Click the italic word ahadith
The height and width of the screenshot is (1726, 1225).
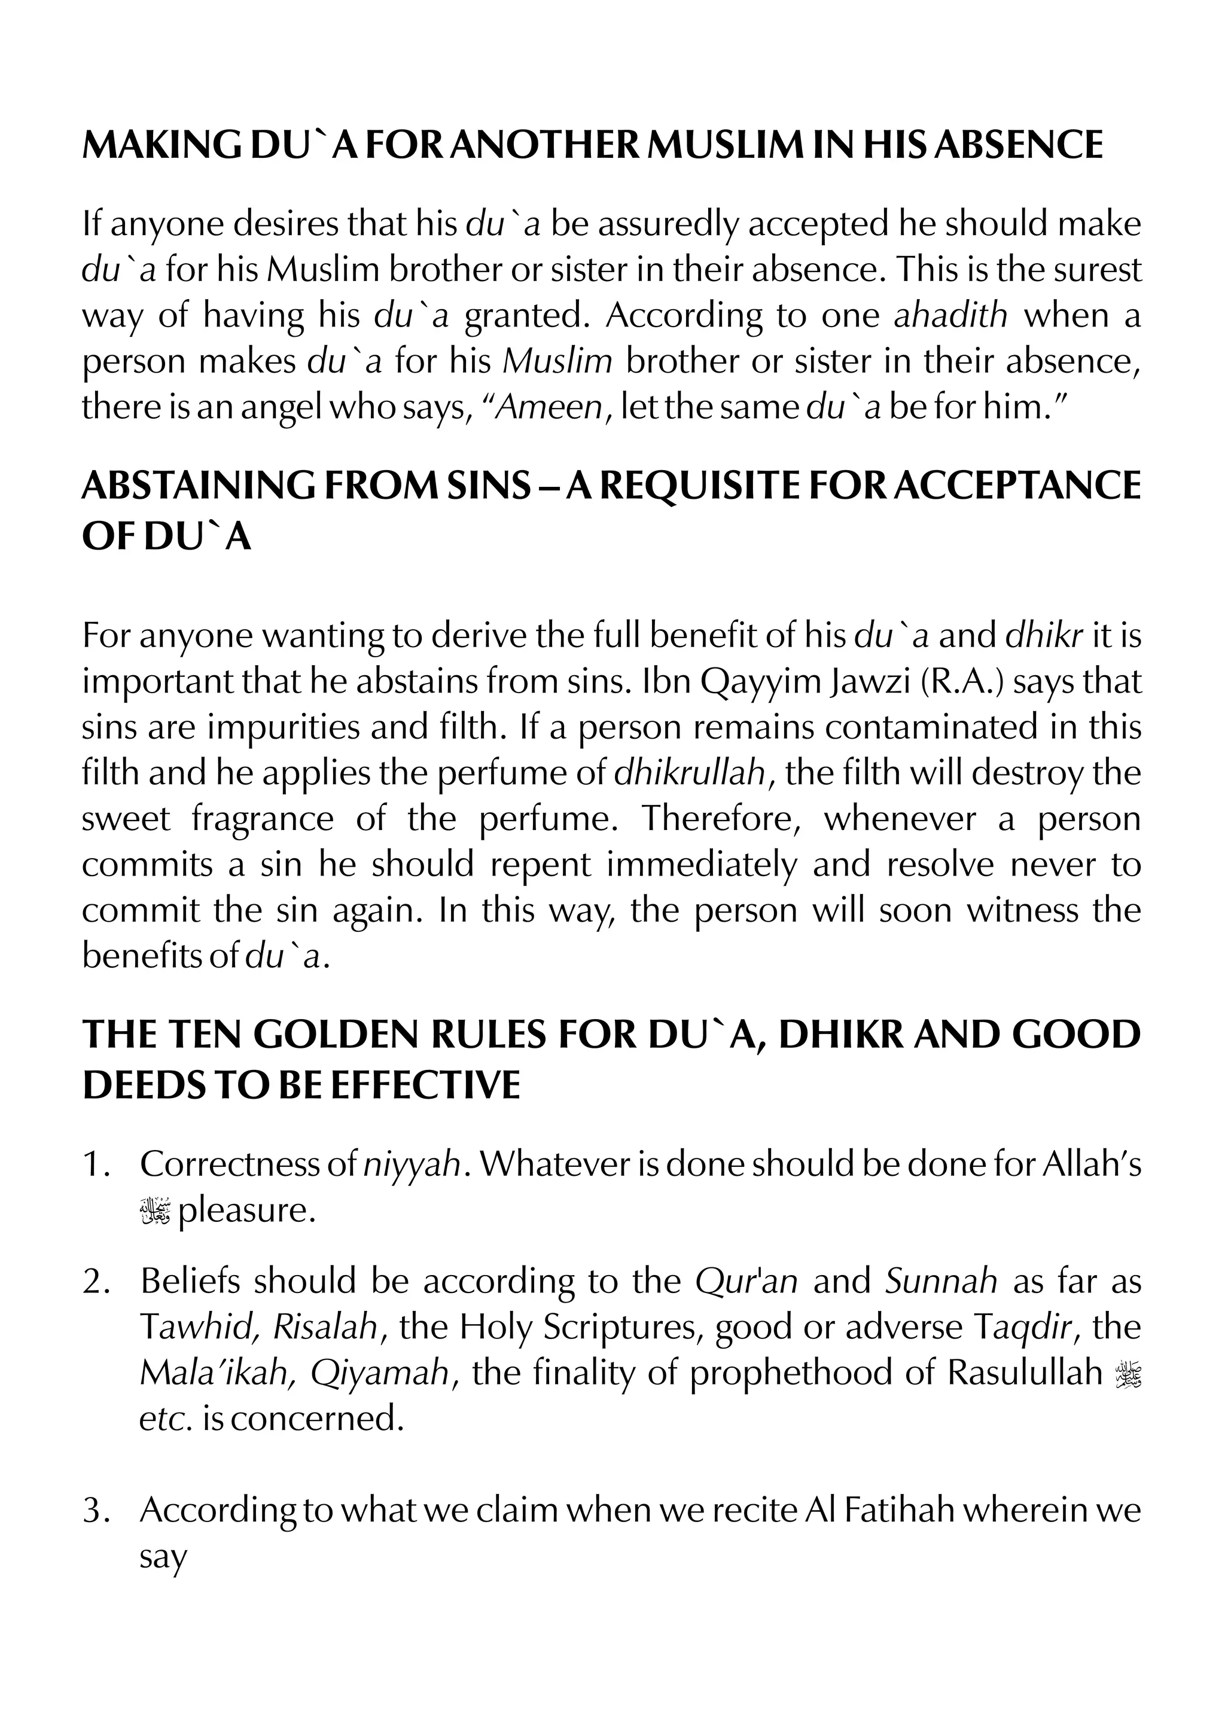coord(950,315)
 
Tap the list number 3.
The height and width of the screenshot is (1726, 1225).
coord(96,1510)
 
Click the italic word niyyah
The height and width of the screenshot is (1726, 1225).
coord(412,1165)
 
